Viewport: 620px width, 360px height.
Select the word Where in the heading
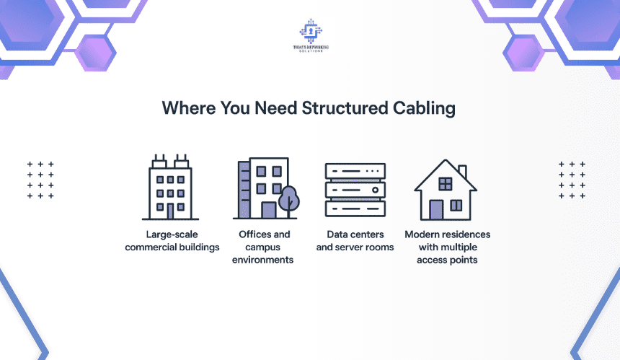point(185,108)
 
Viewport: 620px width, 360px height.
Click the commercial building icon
point(171,187)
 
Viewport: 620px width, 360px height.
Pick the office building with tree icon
point(265,188)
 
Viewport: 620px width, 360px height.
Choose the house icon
point(445,189)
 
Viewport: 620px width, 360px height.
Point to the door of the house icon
point(436,209)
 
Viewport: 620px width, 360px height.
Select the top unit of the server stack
point(355,171)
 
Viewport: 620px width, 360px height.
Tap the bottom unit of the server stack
point(355,208)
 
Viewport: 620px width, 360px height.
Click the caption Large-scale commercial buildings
point(172,241)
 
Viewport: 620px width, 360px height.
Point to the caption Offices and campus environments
point(264,247)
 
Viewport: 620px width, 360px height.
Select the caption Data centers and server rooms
point(355,241)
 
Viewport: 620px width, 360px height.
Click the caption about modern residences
point(447,247)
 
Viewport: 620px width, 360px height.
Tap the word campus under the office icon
point(264,247)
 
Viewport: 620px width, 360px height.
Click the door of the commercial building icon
point(171,211)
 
